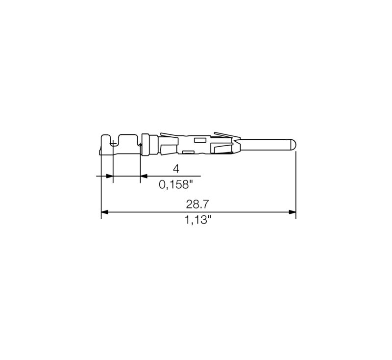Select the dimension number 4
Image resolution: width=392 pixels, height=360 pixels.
point(176,168)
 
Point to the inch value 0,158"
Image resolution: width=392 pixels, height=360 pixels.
point(176,185)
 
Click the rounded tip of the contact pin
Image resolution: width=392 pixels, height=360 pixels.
point(294,145)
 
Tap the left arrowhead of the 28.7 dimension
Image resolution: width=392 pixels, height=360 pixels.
point(104,212)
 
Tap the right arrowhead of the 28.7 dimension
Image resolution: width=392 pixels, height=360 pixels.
point(293,212)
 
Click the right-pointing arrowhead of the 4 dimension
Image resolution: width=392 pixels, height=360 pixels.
point(109,176)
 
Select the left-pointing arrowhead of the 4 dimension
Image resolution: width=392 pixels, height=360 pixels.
point(144,176)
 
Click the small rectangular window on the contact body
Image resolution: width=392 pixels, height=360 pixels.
point(200,140)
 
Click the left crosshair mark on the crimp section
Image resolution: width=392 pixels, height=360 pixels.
point(113,144)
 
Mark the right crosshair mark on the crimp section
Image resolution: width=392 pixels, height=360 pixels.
point(140,144)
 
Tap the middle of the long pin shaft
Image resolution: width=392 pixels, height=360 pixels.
point(265,145)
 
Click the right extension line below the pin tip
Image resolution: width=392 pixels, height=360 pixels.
point(296,181)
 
